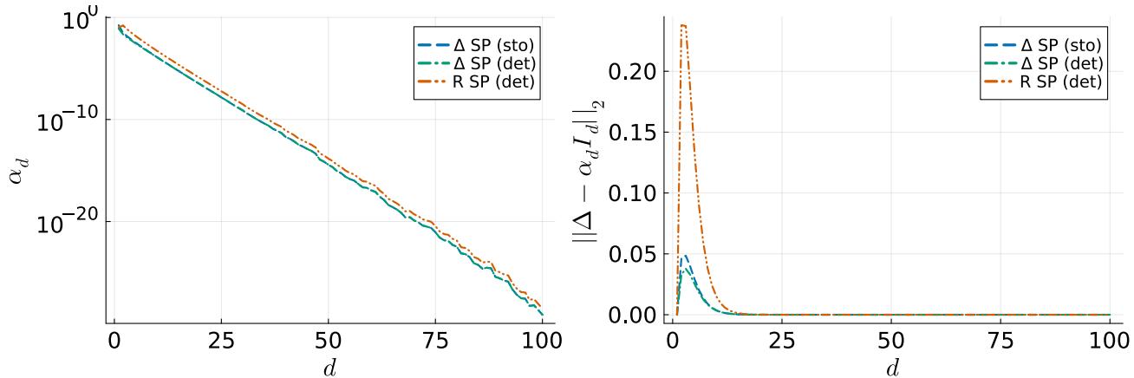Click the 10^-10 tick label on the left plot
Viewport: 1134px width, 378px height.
(x=68, y=121)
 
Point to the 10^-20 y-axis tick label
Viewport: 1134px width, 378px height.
(x=68, y=224)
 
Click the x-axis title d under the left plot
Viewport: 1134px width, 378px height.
(x=329, y=367)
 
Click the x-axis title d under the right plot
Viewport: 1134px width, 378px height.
(x=892, y=367)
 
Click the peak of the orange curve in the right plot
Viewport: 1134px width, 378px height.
(x=684, y=25)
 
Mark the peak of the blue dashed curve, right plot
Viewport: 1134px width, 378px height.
(x=685, y=256)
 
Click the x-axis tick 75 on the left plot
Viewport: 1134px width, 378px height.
(x=435, y=338)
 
